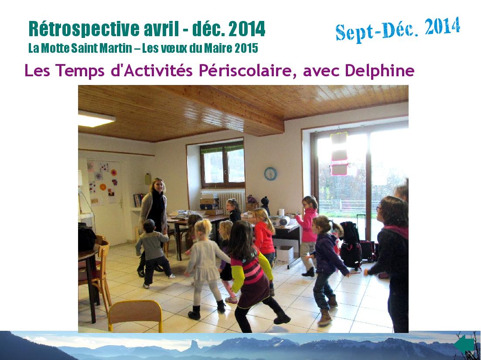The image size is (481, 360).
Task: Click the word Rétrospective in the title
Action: (84, 30)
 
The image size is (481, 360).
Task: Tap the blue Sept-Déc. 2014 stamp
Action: (398, 29)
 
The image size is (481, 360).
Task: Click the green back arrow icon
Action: (464, 345)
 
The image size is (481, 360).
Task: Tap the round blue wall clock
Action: (270, 174)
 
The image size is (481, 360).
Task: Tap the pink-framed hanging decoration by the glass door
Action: (339, 153)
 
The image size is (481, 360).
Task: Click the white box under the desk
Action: (284, 254)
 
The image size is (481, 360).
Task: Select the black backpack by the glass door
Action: (351, 245)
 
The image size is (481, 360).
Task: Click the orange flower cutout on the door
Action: (103, 187)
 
